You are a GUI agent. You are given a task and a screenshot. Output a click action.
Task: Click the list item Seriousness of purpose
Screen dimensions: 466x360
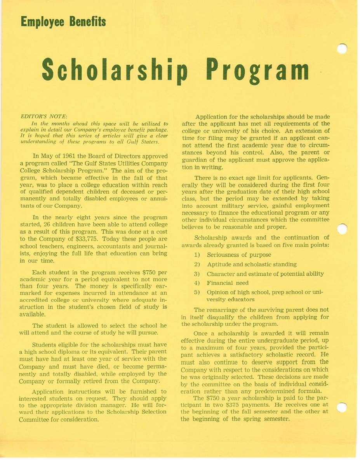239,255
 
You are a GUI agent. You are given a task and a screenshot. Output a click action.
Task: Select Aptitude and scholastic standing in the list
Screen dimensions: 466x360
252,264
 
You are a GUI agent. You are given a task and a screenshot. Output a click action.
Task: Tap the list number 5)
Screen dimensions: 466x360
197,292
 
